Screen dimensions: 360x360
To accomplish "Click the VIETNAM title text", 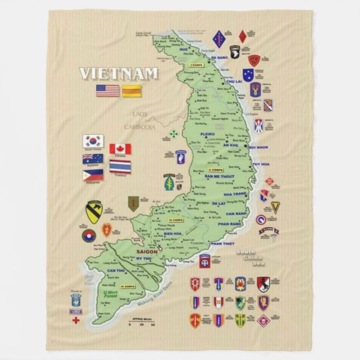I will pos(119,74).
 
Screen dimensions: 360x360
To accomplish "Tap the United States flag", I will pos(108,91).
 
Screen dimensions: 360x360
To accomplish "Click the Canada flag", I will pos(120,149).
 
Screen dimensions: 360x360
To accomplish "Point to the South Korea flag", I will pos(93,140).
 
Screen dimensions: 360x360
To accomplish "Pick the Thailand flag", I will pos(120,166).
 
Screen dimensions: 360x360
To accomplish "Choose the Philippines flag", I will pos(93,174).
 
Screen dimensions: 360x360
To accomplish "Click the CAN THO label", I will pos(112,271).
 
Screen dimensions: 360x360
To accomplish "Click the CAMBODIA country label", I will pos(140,127).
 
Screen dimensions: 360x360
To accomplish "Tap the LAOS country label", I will pos(140,114).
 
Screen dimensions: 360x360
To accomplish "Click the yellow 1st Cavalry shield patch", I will pos(93,212).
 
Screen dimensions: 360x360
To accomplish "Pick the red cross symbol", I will pos(76,321).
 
